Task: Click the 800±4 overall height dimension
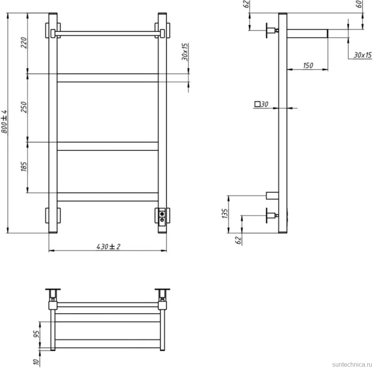point(4,122)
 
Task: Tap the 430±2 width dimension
point(108,246)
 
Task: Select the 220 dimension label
point(24,43)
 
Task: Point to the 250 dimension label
point(24,107)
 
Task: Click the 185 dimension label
point(24,166)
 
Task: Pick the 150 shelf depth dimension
point(308,65)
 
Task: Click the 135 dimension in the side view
point(225,214)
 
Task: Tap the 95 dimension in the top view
point(37,334)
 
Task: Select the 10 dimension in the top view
point(36,362)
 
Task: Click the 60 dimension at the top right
point(359,4)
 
